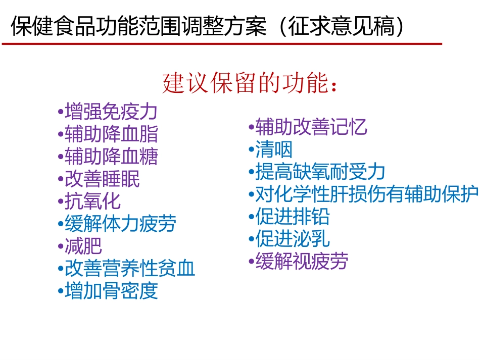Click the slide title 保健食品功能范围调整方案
139,26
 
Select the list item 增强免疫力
111,112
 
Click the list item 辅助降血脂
111,134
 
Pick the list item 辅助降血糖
111,157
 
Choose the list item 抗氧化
93,201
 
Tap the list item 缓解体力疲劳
120,224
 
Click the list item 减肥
83,246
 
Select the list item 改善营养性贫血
129,269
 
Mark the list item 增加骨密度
111,291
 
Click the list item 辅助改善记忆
311,127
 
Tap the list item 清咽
273,149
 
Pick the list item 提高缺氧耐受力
320,172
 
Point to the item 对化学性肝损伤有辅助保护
366,194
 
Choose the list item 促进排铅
292,217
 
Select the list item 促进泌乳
292,239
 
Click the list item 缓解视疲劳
302,262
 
